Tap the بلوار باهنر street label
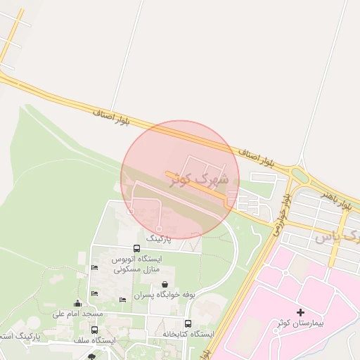click(337, 199)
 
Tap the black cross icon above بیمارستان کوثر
click(301, 311)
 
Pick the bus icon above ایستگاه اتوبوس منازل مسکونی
click(136, 249)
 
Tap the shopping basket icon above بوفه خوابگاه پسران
click(164, 284)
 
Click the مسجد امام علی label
click(79, 313)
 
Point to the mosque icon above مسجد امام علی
click(77, 303)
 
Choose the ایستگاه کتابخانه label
click(186, 333)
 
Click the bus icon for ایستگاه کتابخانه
click(187, 323)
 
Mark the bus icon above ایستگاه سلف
click(95, 330)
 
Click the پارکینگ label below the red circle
click(158, 239)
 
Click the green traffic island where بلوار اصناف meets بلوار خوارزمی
click(299, 175)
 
